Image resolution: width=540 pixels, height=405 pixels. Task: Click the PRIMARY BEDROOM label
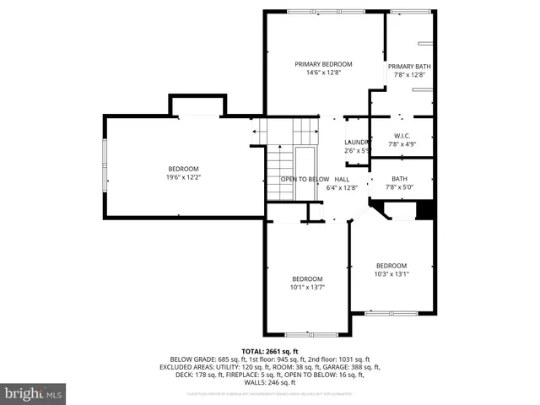click(x=323, y=64)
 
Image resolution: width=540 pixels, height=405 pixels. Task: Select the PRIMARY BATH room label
click(x=409, y=67)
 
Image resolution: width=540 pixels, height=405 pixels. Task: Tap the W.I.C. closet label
click(x=402, y=136)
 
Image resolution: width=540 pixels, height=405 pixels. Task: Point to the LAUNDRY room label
click(x=357, y=142)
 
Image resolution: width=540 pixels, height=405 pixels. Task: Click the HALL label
click(x=342, y=179)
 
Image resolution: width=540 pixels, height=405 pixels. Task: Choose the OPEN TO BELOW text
click(x=305, y=179)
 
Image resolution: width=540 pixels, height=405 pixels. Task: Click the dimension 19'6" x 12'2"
click(x=182, y=177)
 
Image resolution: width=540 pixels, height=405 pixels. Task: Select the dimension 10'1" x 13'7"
click(x=307, y=287)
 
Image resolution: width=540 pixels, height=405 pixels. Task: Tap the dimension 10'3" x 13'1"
click(x=391, y=273)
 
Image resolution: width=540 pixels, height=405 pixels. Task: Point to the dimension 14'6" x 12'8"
click(x=323, y=73)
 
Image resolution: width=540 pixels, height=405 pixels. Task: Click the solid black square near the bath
click(x=425, y=210)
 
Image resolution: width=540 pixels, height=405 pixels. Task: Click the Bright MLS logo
click(x=34, y=393)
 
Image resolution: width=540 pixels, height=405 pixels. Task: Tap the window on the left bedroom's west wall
click(x=105, y=165)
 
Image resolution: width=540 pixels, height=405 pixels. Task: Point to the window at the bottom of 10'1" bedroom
click(x=307, y=334)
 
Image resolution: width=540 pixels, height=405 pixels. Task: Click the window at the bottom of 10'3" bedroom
click(x=391, y=314)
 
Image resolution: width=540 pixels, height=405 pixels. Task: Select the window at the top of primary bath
click(x=409, y=12)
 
